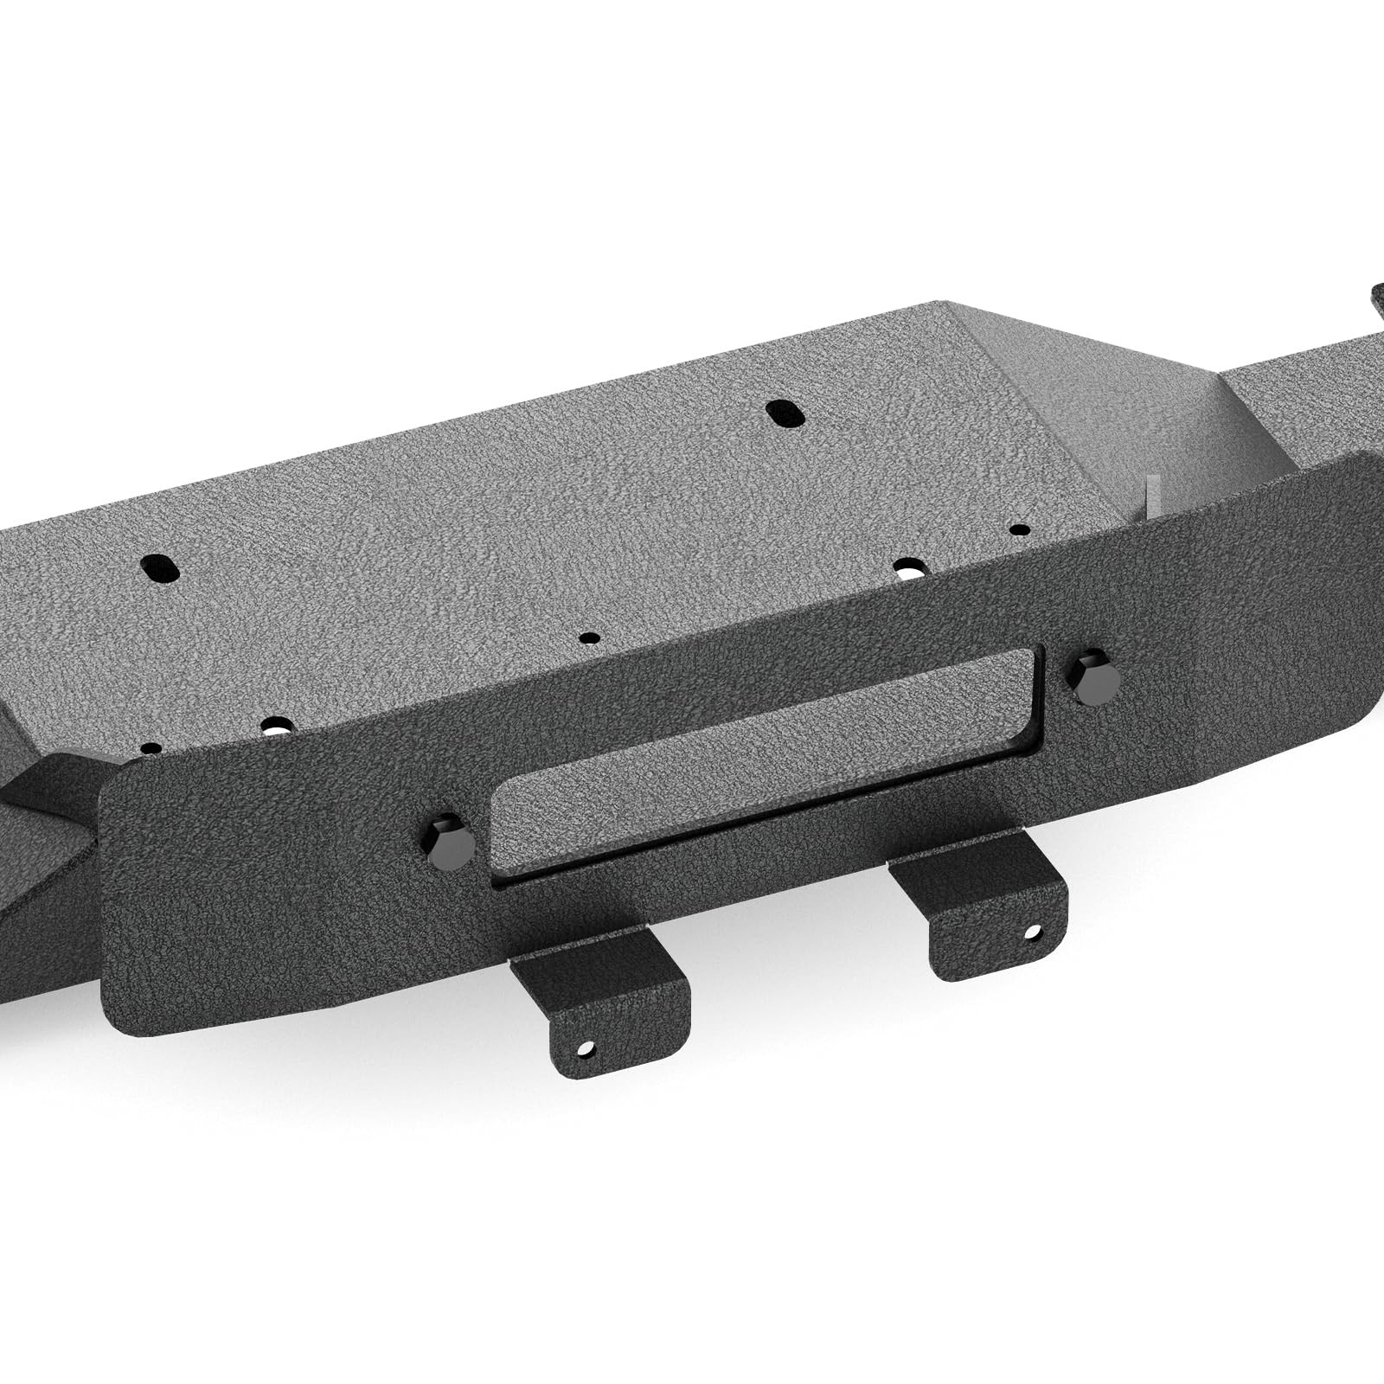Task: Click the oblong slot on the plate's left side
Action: tap(161, 568)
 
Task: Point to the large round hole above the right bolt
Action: tap(909, 568)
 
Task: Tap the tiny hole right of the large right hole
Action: tap(1021, 529)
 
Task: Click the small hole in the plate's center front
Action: tap(589, 638)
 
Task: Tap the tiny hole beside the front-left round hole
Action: tap(151, 747)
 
